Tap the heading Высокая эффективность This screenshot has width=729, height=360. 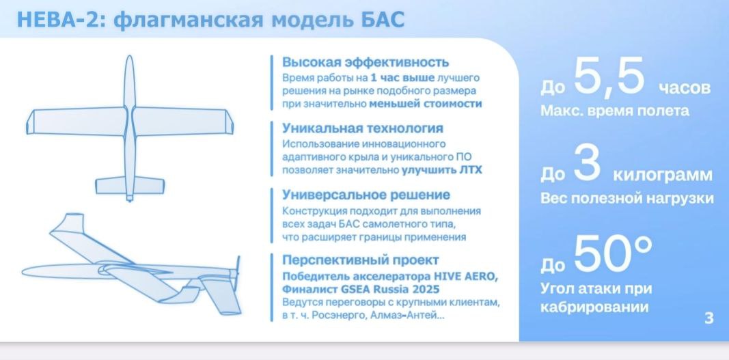pyautogui.click(x=366, y=62)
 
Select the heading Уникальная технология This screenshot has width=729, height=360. pyautogui.click(x=363, y=128)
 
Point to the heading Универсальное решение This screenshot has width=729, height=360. pyautogui.click(x=366, y=194)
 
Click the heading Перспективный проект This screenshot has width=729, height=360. pyautogui.click(x=360, y=260)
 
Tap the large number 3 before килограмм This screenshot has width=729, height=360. pyautogui.click(x=588, y=163)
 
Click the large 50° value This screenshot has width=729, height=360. pyautogui.click(x=613, y=253)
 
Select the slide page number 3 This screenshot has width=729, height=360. pyautogui.click(x=709, y=318)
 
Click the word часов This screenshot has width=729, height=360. pyautogui.click(x=684, y=88)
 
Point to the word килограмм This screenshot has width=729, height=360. pyautogui.click(x=663, y=176)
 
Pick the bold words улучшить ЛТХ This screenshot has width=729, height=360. pyautogui.click(x=441, y=170)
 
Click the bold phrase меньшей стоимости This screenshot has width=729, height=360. pyautogui.click(x=426, y=105)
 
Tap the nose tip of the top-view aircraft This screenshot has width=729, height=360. pyautogui.click(x=129, y=56)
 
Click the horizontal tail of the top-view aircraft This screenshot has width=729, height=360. pyautogui.click(x=130, y=186)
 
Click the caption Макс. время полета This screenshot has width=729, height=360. pyautogui.click(x=615, y=111)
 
